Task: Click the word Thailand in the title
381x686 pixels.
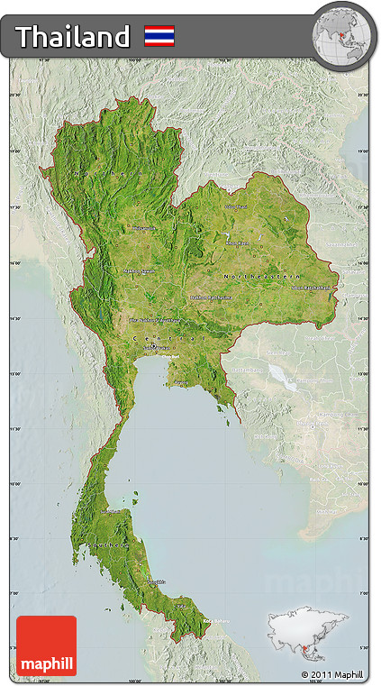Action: click(73, 37)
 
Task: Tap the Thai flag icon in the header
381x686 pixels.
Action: click(159, 36)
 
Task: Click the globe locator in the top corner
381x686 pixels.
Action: click(342, 37)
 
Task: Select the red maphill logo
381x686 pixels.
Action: click(46, 645)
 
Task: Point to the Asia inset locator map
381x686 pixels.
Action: click(306, 635)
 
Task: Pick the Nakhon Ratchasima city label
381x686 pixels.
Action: click(210, 297)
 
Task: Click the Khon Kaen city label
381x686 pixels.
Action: click(236, 242)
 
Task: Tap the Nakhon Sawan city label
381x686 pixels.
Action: click(140, 270)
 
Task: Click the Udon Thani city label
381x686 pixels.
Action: click(235, 206)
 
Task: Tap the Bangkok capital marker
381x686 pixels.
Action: click(153, 345)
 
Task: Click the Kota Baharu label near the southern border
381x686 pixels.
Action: click(214, 621)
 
